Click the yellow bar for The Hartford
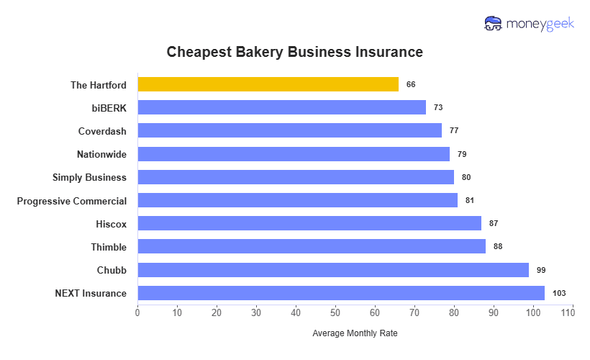pyautogui.click(x=268, y=84)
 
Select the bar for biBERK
pyautogui.click(x=281, y=107)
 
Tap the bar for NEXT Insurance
pyautogui.click(x=341, y=293)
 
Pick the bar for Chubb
pyautogui.click(x=333, y=270)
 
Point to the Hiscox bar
pyautogui.click(x=309, y=223)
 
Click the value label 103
pyautogui.click(x=560, y=293)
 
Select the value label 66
pyautogui.click(x=411, y=84)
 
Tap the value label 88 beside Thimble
pyautogui.click(x=498, y=246)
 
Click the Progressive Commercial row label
pyautogui.click(x=72, y=201)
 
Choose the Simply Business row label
pyautogui.click(x=89, y=177)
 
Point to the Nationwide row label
pyautogui.click(x=101, y=154)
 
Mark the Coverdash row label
pyautogui.click(x=102, y=131)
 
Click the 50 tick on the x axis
pyautogui.click(x=335, y=313)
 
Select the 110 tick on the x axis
pyautogui.click(x=572, y=313)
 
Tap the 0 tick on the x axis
pyautogui.click(x=137, y=313)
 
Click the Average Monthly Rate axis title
pyautogui.click(x=355, y=334)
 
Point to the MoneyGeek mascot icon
pyautogui.click(x=494, y=23)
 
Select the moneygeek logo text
pyautogui.click(x=540, y=24)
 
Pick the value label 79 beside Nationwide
pyautogui.click(x=462, y=154)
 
